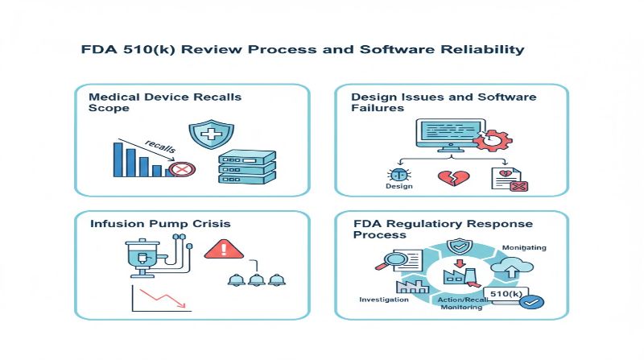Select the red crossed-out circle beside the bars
coord(183,169)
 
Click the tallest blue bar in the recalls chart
coord(118,159)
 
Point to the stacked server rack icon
coord(247,167)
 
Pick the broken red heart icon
coord(448,177)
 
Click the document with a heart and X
coord(508,179)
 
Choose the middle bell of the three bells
coord(257,280)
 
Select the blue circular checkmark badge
coord(532,303)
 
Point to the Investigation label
coord(383,300)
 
